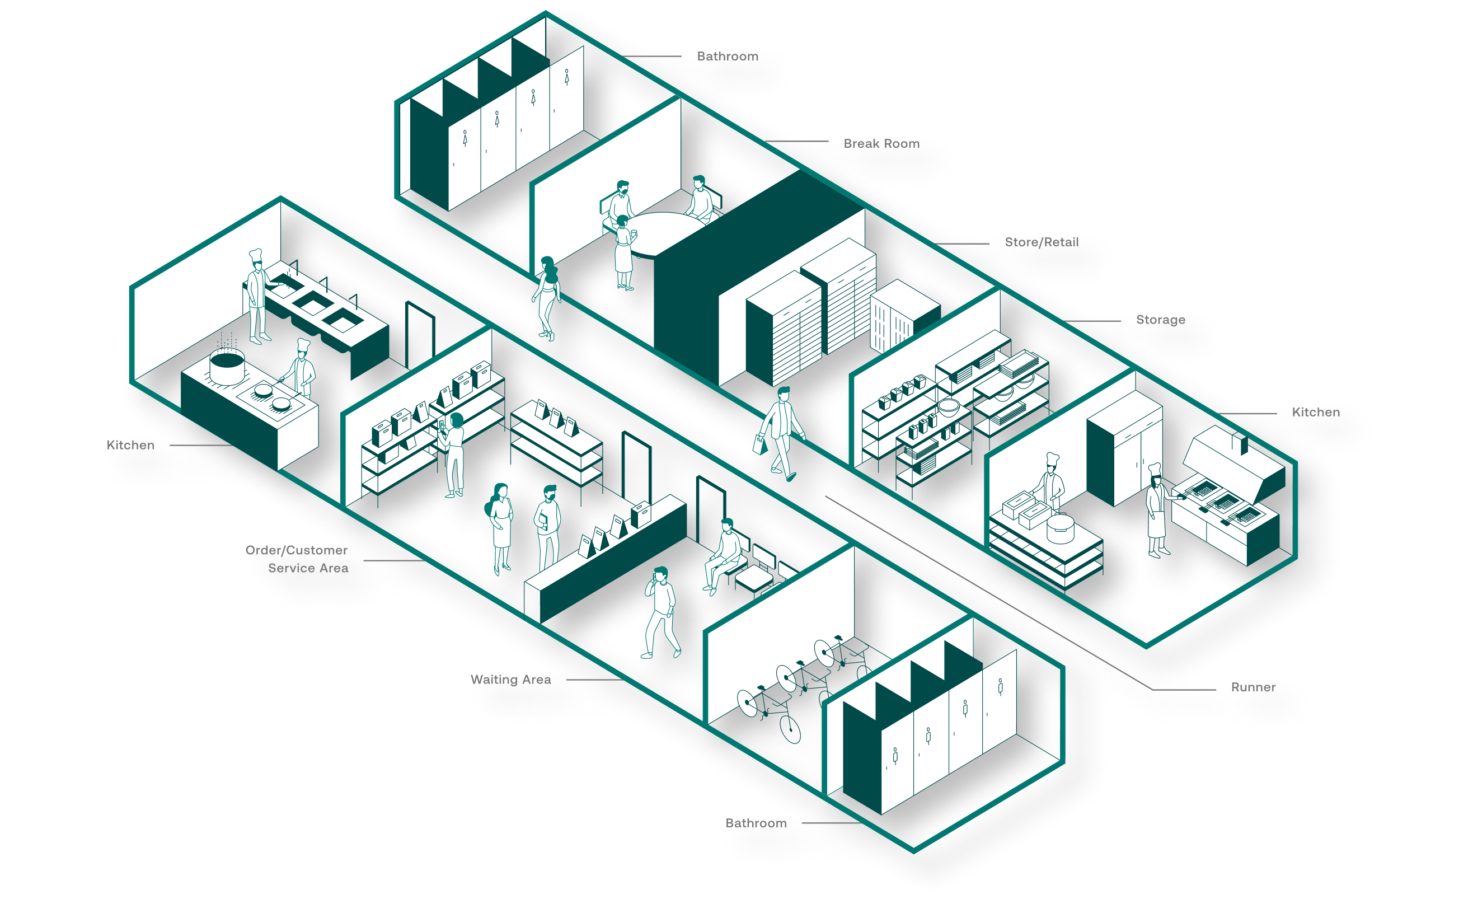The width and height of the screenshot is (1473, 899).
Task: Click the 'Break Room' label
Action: click(x=882, y=143)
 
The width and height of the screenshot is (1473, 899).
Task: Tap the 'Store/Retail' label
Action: click(x=1043, y=242)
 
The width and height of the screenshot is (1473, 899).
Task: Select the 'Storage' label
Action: click(x=1160, y=320)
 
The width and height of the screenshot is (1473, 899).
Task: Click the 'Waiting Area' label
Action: click(x=510, y=680)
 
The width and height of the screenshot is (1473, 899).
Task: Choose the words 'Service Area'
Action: click(x=308, y=568)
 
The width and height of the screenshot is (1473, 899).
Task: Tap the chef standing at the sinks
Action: click(x=257, y=296)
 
